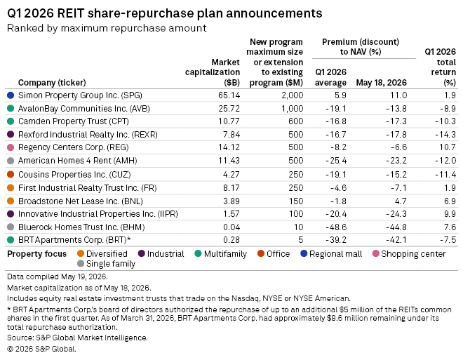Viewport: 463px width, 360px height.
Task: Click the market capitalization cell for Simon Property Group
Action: (229, 95)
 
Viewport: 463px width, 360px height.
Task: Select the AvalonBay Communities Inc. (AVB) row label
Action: (84, 109)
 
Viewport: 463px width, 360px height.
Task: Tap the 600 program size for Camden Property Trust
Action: (295, 121)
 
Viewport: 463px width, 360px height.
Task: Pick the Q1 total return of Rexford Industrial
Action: (445, 135)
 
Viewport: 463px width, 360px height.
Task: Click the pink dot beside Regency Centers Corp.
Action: (11, 147)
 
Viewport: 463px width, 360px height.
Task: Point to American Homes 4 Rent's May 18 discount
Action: (396, 161)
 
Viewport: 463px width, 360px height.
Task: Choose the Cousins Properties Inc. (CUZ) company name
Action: (74, 175)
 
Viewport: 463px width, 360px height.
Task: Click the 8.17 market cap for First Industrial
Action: (231, 188)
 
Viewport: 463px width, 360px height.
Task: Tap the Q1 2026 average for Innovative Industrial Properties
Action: (336, 214)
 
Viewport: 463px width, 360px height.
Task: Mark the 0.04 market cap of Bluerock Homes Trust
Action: (231, 227)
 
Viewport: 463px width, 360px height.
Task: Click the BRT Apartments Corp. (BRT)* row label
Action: (74, 240)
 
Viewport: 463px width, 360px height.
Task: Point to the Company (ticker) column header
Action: (52, 82)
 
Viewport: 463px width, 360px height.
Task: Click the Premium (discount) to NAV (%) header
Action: (361, 46)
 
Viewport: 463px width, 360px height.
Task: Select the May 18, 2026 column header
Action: (381, 82)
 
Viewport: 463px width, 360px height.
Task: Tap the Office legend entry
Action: (274, 253)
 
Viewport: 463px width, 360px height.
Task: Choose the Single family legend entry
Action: (106, 264)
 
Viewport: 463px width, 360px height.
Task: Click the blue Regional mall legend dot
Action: (304, 253)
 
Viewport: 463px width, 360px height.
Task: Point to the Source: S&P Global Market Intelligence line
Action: (77, 338)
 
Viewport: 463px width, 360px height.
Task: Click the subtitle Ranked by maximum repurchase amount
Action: (107, 28)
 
